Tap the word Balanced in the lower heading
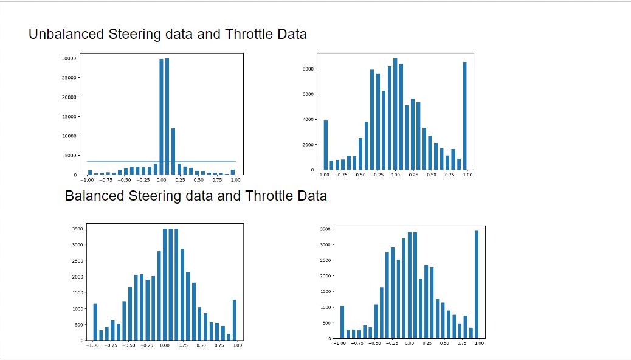click(x=94, y=196)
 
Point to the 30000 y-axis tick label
click(x=69, y=58)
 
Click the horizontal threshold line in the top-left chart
click(x=122, y=161)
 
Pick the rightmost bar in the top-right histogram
click(x=464, y=116)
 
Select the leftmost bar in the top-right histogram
click(x=325, y=145)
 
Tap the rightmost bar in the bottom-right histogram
click(x=477, y=284)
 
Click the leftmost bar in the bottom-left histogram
click(x=95, y=322)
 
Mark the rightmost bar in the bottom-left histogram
click(x=234, y=320)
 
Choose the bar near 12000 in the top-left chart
click(x=173, y=151)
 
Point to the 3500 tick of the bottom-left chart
click(x=77, y=229)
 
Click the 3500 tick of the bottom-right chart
click(x=325, y=229)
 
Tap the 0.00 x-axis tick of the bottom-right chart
click(x=409, y=343)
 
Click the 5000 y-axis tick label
click(x=70, y=156)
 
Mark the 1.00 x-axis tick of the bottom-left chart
click(x=237, y=345)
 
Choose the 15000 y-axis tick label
click(x=69, y=117)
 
